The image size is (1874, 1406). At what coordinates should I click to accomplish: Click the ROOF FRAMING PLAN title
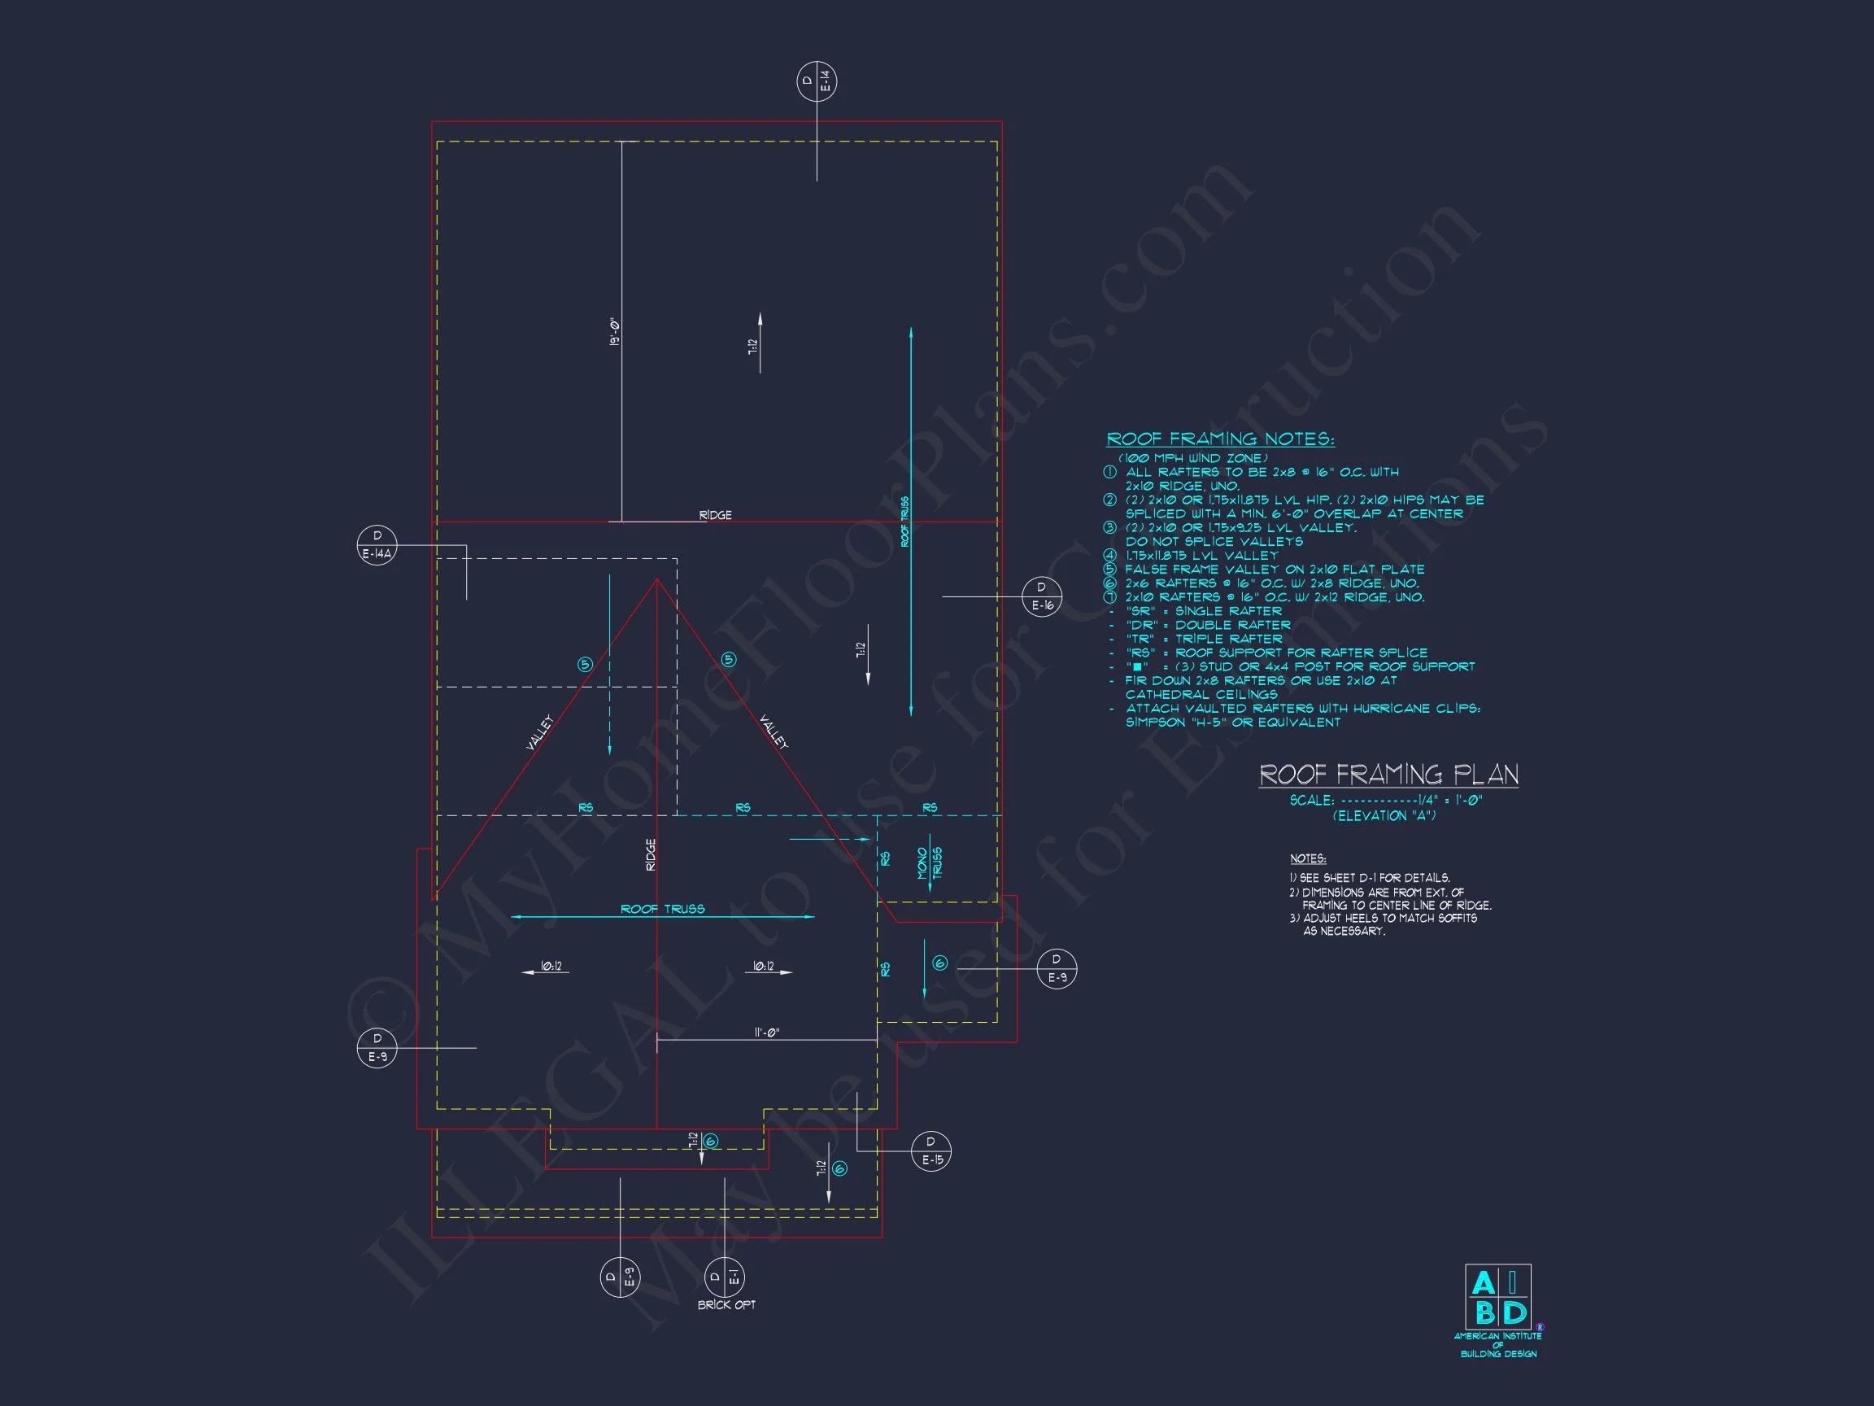[x=1388, y=774]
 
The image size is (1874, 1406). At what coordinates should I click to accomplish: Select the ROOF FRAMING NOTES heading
[x=1220, y=439]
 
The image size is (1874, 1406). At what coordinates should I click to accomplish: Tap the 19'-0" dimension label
[x=614, y=331]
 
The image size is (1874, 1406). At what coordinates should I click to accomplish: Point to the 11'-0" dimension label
[x=766, y=1033]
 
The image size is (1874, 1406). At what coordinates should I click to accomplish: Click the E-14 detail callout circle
[x=817, y=82]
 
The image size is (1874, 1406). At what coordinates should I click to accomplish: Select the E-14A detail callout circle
[x=377, y=545]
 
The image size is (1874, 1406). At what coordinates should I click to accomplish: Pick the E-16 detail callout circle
[x=1041, y=596]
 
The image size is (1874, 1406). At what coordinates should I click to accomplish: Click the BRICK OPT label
[x=726, y=1305]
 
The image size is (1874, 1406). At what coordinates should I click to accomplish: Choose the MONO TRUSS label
[x=930, y=862]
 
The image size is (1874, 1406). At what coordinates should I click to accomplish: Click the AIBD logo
[x=1498, y=1297]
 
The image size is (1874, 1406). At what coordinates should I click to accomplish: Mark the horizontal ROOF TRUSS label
[x=663, y=910]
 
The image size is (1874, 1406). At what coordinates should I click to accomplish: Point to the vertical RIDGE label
[x=651, y=854]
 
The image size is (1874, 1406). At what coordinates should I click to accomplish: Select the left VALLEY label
[x=539, y=731]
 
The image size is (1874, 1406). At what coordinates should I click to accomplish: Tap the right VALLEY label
[x=773, y=731]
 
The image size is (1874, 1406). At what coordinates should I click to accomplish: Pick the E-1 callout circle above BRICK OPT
[x=725, y=1277]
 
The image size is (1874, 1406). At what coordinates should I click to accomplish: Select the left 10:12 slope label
[x=551, y=966]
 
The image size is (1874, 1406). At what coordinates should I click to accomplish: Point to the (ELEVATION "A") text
[x=1384, y=815]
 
